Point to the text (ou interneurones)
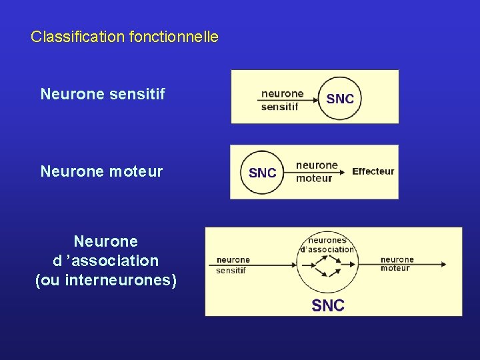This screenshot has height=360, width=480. point(106,280)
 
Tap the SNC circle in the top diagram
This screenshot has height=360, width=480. point(340,99)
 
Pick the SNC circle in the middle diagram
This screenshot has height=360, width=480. point(262,173)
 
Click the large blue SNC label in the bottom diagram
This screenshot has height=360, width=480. point(328,305)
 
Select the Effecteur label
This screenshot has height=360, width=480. point(373,171)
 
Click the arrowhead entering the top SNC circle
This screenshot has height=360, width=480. point(315,99)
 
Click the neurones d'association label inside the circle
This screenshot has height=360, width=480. point(327,245)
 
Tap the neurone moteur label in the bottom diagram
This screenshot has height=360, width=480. point(397,264)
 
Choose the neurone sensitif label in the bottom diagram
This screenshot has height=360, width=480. point(233,265)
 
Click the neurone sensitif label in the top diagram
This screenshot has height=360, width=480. point(281,100)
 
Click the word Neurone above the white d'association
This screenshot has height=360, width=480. point(106,241)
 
